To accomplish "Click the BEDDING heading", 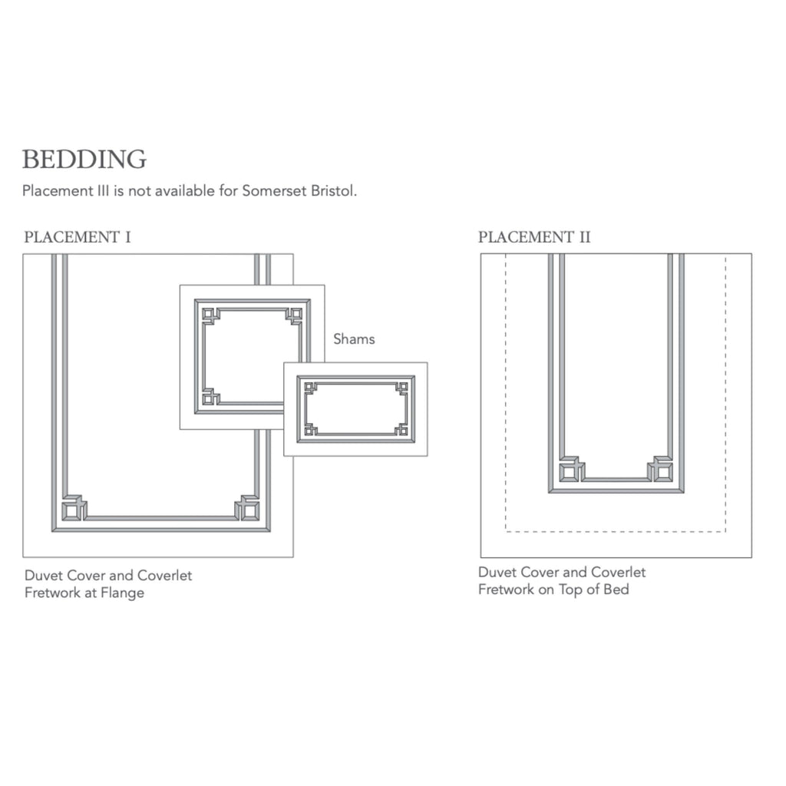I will click(84, 160).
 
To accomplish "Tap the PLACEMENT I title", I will click(78, 236).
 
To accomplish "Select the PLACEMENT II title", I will click(534, 236).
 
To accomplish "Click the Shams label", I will click(354, 339).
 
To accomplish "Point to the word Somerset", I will click(272, 190).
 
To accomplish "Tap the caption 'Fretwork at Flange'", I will click(84, 593).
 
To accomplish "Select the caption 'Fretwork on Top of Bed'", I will click(553, 589).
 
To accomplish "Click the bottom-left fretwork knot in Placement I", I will click(74, 507).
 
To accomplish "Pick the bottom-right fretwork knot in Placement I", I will click(248, 507).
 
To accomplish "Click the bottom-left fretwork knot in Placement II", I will click(570, 469).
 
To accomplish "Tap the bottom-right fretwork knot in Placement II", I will click(660, 469).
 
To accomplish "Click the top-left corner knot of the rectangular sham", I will click(310, 388).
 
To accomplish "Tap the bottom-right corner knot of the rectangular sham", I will click(401, 430).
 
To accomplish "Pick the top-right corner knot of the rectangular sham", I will click(401, 388).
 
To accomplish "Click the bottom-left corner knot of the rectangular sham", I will click(310, 430).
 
